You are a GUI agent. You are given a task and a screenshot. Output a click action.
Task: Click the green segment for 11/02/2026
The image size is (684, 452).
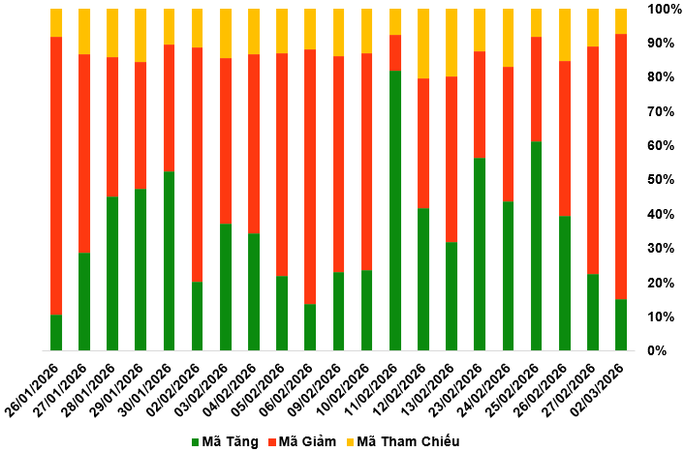394,210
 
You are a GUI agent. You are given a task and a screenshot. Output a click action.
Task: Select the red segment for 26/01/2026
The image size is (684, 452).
56,175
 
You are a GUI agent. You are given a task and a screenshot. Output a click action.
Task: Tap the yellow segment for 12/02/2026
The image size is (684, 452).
422,44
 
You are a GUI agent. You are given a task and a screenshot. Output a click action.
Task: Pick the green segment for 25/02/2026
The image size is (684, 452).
536,246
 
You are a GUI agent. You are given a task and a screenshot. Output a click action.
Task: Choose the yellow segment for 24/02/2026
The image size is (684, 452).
508,38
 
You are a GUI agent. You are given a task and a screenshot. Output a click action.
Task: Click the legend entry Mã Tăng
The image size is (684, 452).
225,441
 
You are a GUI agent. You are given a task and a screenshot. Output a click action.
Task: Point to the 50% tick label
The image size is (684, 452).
663,180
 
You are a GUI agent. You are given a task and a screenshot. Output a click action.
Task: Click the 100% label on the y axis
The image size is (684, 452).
665,9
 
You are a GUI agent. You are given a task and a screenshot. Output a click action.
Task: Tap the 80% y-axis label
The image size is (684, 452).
663,77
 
